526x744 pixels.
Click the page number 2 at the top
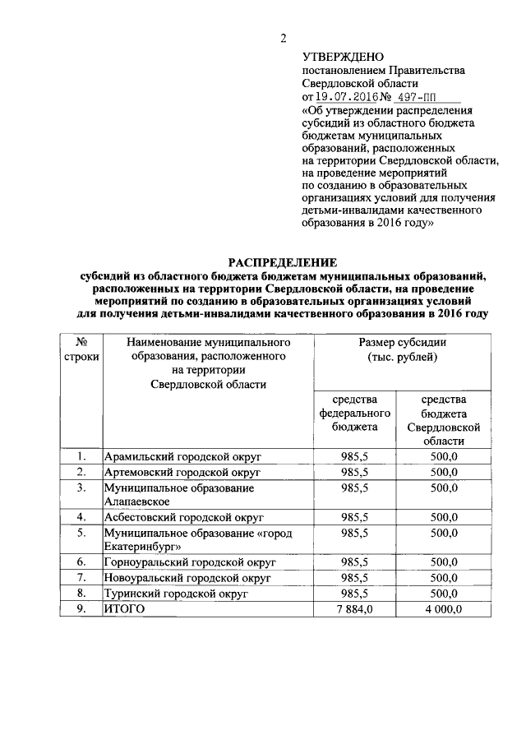283,39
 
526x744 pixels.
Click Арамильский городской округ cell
180,457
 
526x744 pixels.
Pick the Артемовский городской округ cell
182,473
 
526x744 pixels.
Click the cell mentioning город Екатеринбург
197,539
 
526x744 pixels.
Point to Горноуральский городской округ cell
188,562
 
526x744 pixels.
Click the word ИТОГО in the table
124,608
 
